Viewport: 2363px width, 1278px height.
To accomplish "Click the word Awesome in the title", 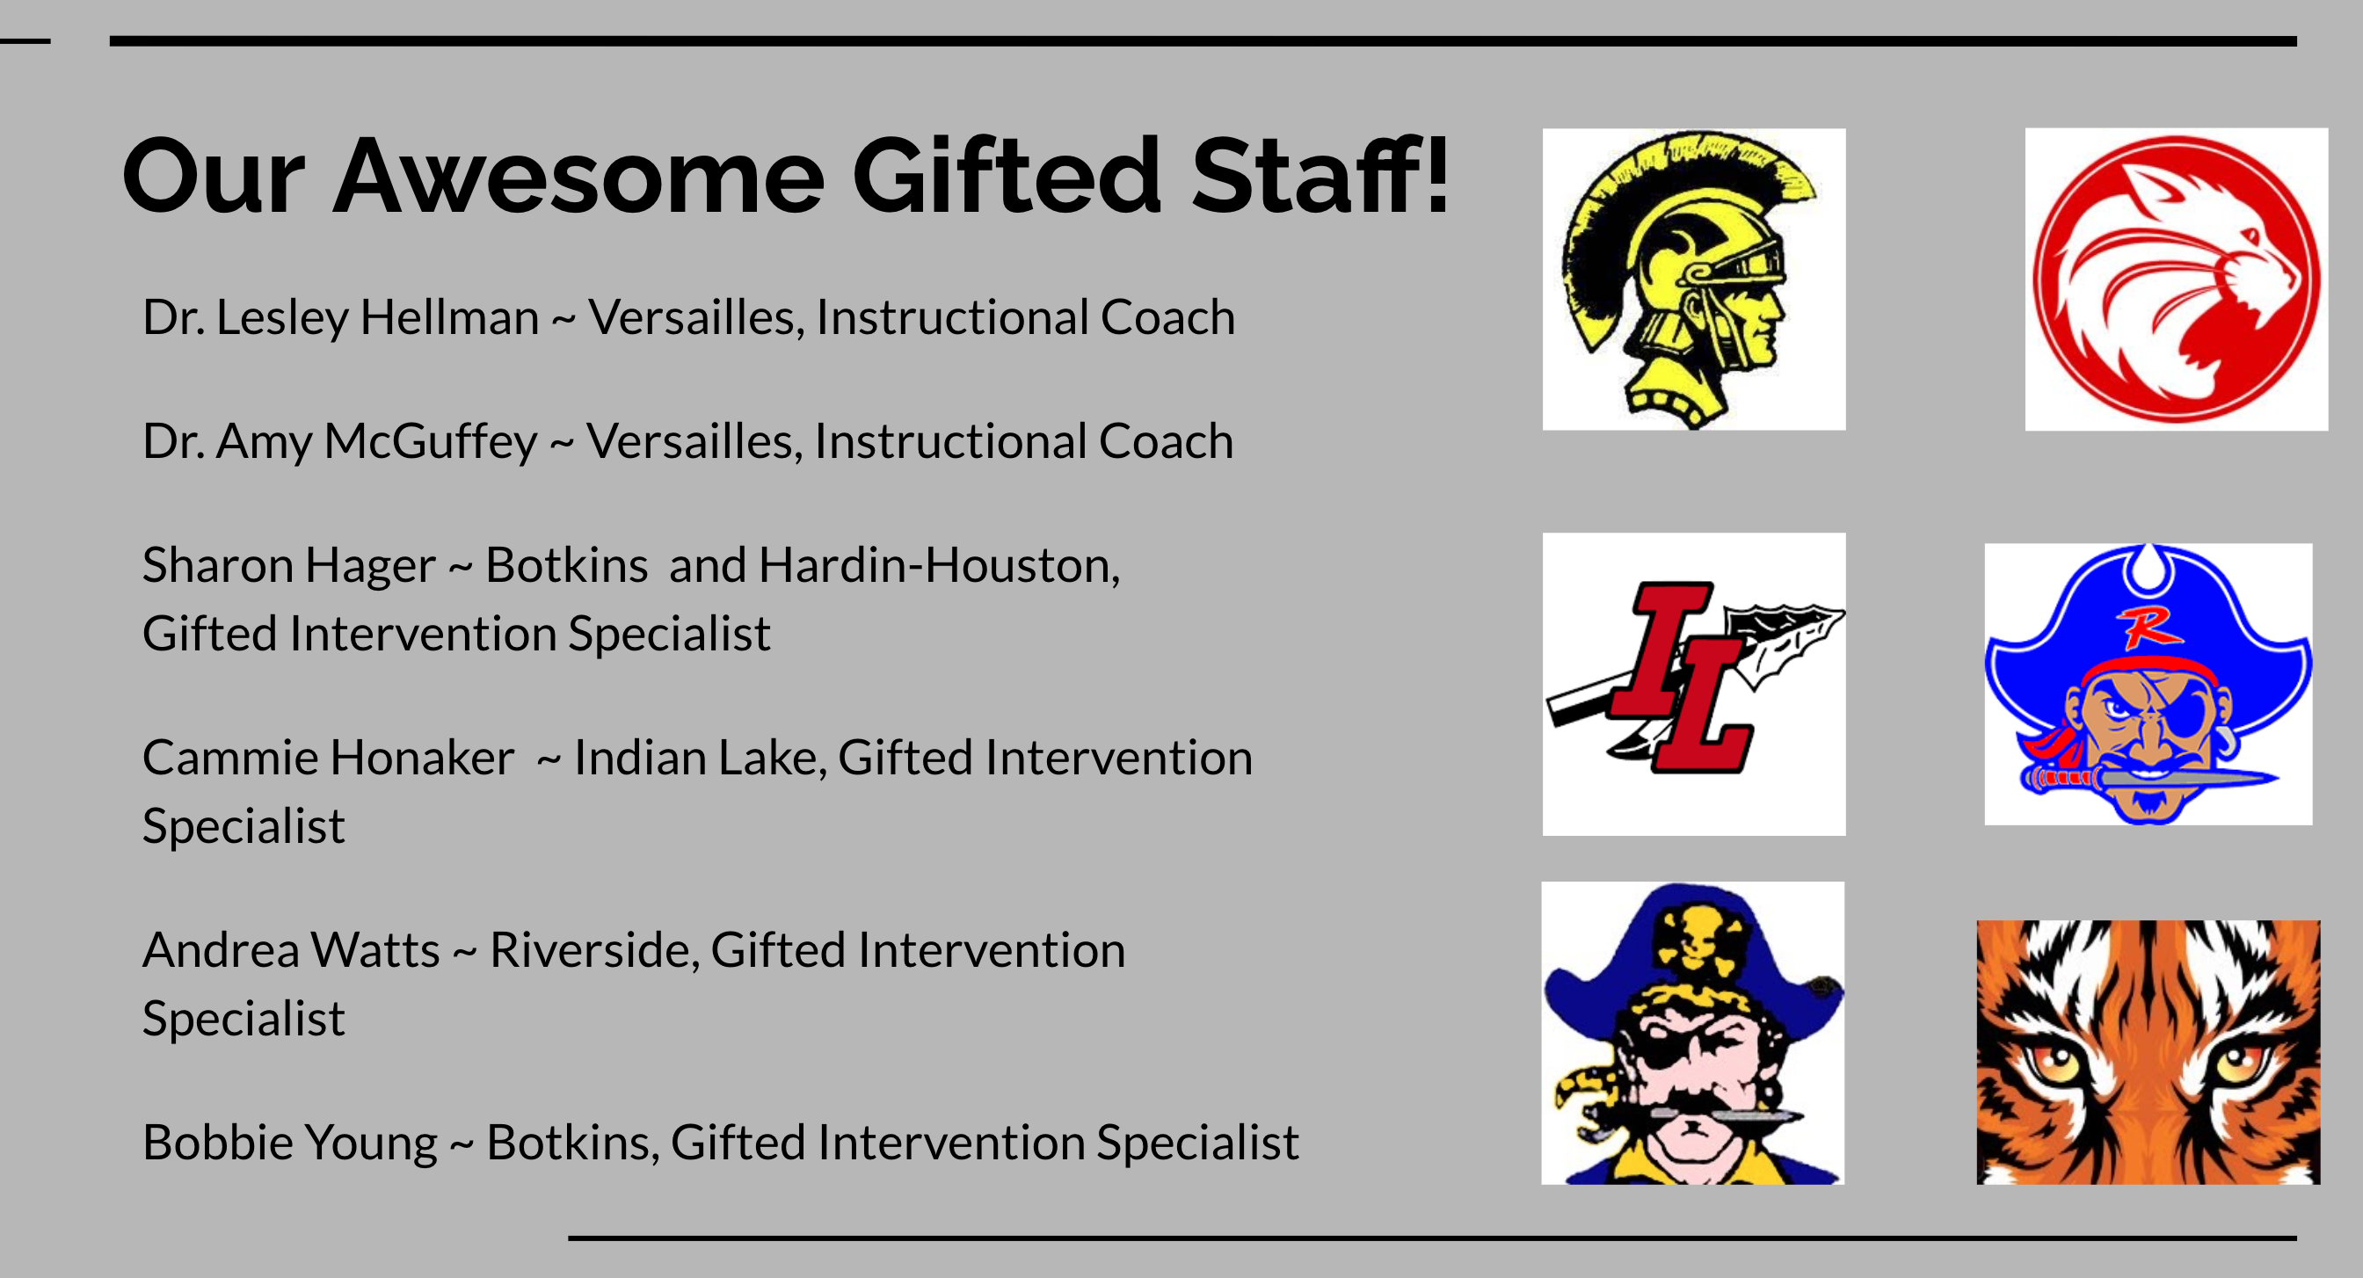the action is [578, 176].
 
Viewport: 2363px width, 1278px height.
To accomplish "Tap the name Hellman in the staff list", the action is [449, 317].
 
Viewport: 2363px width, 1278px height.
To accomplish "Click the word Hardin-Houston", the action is [940, 565].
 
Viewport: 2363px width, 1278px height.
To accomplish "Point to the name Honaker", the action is [421, 758].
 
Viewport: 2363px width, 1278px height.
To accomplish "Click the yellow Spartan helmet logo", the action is [1693, 279].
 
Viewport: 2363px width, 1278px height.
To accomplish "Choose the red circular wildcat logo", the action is [2176, 279].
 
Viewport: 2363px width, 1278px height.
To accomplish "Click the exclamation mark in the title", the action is [1437, 174].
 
